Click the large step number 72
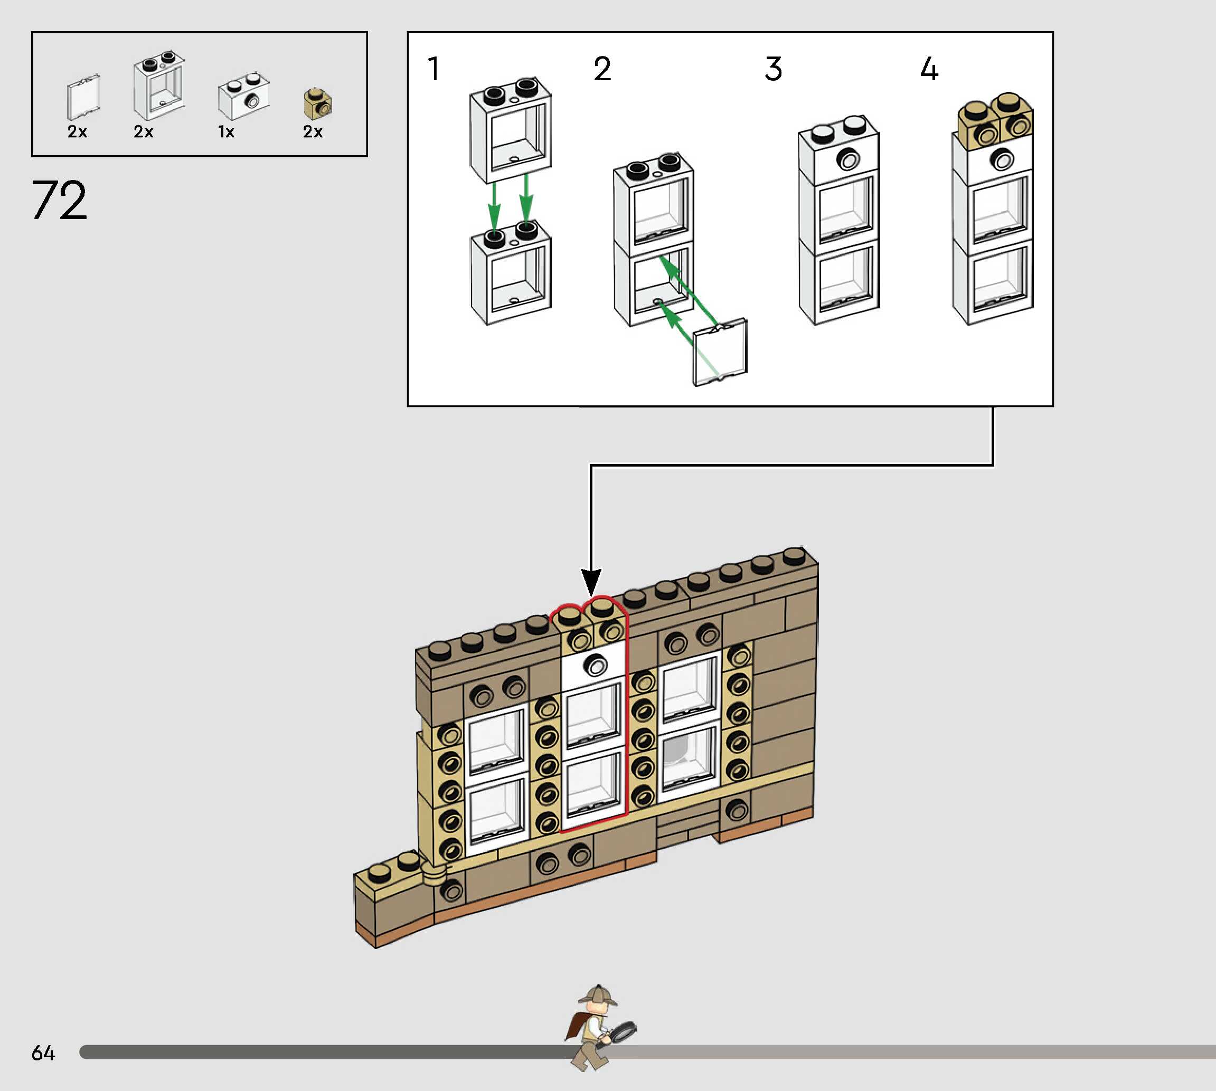point(59,200)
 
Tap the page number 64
point(43,1052)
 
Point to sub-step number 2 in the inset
point(602,69)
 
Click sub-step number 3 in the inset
point(773,69)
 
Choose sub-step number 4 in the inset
point(929,69)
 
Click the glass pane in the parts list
point(83,98)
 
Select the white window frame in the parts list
point(159,87)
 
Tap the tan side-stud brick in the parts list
point(318,103)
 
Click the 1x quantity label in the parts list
point(226,132)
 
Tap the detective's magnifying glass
point(623,1032)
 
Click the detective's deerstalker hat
point(598,995)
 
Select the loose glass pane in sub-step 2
point(720,353)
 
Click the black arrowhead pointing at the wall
point(591,582)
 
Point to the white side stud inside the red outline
point(596,666)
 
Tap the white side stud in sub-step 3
point(847,160)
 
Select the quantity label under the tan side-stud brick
point(313,132)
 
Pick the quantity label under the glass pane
point(77,132)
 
